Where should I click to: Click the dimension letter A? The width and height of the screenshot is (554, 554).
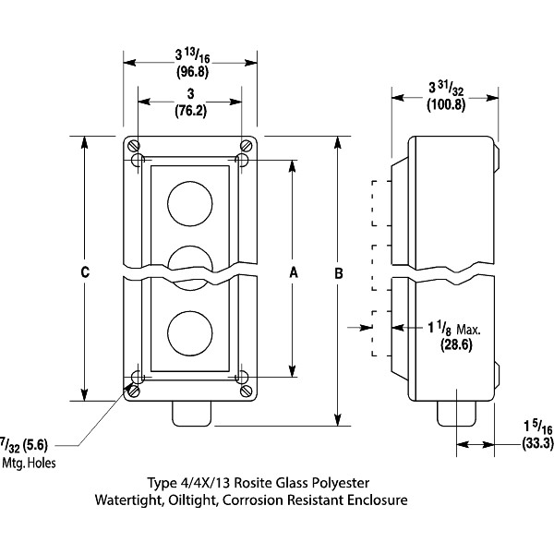pyautogui.click(x=295, y=272)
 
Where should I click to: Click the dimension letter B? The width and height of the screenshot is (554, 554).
pyautogui.click(x=339, y=274)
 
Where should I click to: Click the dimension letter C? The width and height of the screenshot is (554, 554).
pyautogui.click(x=85, y=272)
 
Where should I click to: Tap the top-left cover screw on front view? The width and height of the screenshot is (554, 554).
pyautogui.click(x=134, y=146)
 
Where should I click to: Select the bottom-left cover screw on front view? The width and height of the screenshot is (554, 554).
pyautogui.click(x=134, y=391)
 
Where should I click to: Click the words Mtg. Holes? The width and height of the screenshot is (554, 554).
pyautogui.click(x=30, y=463)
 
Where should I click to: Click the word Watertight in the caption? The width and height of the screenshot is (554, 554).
pyautogui.click(x=129, y=500)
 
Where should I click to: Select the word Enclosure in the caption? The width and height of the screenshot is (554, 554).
pyautogui.click(x=375, y=500)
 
